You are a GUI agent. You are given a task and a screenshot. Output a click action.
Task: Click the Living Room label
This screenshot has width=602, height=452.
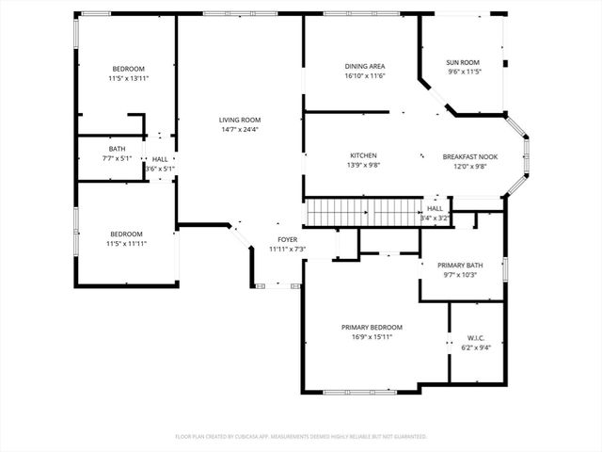[240, 120]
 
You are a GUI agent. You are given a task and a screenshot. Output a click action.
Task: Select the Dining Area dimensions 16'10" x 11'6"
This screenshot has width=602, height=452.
[365, 76]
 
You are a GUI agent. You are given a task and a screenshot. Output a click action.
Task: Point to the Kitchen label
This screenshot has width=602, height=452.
[364, 155]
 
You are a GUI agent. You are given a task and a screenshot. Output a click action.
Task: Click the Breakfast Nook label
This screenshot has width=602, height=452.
[470, 156]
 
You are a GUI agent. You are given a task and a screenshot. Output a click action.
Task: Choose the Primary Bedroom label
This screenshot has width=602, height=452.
[372, 327]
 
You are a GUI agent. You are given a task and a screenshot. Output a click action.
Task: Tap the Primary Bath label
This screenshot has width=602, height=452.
[461, 266]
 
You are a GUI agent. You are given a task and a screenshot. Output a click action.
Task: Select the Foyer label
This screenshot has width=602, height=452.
[288, 239]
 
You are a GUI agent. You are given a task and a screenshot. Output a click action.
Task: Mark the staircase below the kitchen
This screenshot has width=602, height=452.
[362, 213]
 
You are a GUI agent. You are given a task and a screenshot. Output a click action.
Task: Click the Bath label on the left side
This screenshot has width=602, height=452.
[117, 149]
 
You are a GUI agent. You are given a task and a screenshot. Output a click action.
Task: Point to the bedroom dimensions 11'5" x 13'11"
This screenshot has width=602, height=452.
[128, 79]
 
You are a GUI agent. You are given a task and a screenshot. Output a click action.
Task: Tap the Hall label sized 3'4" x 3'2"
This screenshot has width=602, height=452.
[435, 208]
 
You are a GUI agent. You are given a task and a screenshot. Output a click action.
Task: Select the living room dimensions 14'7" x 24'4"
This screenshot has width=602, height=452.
[240, 130]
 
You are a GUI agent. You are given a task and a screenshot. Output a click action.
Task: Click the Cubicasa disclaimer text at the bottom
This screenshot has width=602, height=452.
[301, 437]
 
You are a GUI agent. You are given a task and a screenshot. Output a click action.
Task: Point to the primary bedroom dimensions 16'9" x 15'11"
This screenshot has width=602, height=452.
[372, 337]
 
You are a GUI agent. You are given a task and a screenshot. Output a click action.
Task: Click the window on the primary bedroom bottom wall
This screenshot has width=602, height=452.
[359, 392]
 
